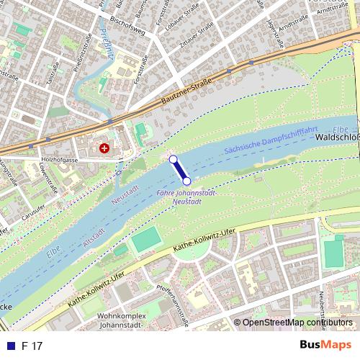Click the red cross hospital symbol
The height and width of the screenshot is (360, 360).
point(105,148)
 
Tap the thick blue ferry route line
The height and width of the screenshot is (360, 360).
point(179,170)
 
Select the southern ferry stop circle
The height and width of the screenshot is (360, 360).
point(186,181)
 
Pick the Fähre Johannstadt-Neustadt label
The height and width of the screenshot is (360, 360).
point(186,197)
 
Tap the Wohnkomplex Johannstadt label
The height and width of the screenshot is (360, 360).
point(127,320)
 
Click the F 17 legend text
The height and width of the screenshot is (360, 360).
point(32,346)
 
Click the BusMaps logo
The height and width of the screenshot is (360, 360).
point(320,346)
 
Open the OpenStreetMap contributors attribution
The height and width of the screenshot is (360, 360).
point(297,323)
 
